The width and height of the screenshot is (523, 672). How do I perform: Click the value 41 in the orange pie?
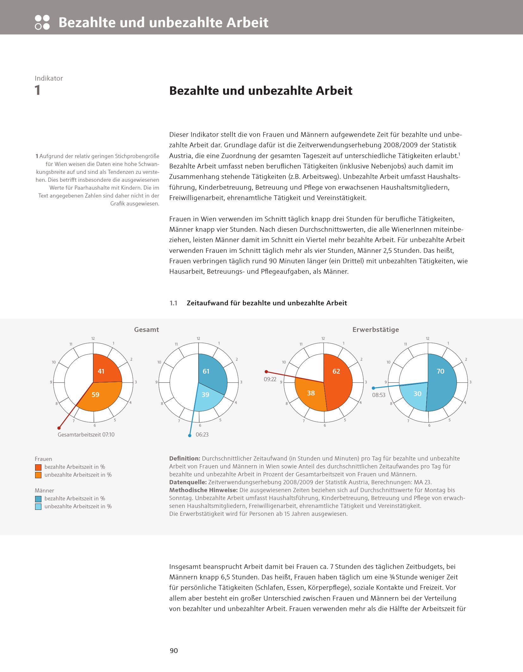pos(101,371)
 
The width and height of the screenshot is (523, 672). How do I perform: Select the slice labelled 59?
pos(95,394)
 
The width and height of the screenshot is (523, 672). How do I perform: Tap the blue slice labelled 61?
pos(206,371)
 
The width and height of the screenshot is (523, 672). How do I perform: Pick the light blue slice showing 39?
pos(206,394)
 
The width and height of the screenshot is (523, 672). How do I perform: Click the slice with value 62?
pos(336,371)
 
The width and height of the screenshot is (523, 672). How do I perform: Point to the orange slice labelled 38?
pos(311,393)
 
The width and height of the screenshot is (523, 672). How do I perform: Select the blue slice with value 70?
pos(440,371)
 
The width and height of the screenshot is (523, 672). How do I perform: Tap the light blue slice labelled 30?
pos(417,394)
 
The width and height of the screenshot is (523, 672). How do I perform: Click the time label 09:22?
pos(270,379)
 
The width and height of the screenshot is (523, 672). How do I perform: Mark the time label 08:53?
pos(378,395)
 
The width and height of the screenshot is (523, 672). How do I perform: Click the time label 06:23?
pos(202,435)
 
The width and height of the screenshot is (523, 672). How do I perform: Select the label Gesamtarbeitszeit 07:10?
pos(86,435)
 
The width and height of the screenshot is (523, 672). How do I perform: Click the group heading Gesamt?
pos(146,329)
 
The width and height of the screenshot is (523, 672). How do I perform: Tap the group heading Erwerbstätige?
pos(376,329)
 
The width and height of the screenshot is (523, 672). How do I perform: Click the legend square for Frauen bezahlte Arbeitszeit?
pos(38,467)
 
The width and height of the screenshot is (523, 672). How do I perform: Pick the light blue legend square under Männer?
pos(38,507)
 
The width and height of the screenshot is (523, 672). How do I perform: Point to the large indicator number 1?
pos(38,90)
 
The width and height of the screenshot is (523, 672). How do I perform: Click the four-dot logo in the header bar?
pos(42,22)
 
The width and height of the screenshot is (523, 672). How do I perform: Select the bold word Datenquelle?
pos(188,482)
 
